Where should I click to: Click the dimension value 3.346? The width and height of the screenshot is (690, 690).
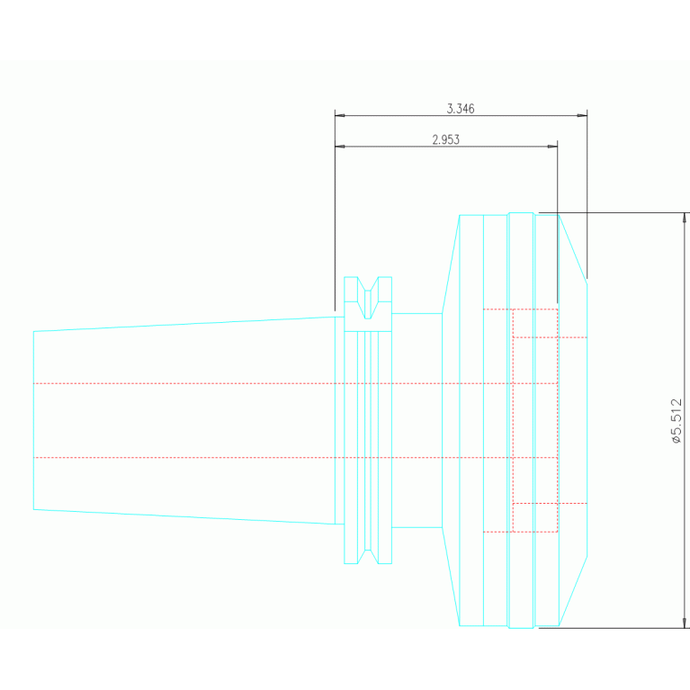[460, 109]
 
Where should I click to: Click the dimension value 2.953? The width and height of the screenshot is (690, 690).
[445, 139]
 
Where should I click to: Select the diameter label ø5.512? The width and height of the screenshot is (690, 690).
[677, 421]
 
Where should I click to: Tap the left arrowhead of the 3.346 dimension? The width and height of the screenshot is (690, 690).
[339, 115]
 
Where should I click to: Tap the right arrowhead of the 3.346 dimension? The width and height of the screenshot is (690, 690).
[583, 115]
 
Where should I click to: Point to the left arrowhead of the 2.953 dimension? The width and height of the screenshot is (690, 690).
[339, 146]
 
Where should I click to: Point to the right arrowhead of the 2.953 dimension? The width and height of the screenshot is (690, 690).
[553, 146]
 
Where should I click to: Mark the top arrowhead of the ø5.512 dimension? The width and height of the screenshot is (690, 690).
[685, 217]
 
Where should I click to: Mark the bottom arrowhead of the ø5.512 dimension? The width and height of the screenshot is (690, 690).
[685, 623]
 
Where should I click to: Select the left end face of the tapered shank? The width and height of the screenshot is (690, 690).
[33, 420]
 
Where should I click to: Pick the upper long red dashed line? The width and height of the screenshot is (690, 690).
[270, 383]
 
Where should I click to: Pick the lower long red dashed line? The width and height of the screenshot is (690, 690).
[270, 458]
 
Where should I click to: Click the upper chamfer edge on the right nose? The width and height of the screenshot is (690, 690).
[573, 248]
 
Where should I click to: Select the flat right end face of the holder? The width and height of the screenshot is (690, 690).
[587, 420]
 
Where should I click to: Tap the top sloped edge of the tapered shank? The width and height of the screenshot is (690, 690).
[180, 324]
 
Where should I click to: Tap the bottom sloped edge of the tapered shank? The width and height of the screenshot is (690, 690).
[180, 516]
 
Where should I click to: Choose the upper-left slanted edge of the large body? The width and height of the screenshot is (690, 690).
[451, 264]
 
